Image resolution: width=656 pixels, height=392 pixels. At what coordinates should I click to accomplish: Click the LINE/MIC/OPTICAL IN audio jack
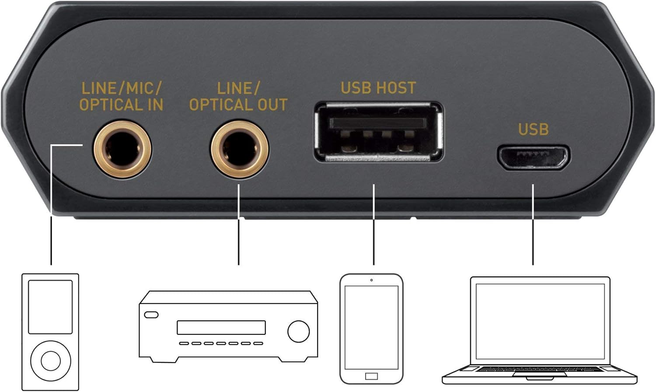pos(122,150)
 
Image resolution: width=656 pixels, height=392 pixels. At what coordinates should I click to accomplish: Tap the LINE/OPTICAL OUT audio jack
pos(240,150)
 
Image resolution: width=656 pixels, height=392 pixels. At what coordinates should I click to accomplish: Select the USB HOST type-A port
pos(378,131)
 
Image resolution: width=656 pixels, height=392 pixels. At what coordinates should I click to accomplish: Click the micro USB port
pos(533,157)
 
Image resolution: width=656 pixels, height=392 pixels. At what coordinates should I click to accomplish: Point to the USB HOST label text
pos(378,87)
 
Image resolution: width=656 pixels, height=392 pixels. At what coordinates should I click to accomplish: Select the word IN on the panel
pos(156,105)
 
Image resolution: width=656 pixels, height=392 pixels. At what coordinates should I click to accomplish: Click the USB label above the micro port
pos(533,129)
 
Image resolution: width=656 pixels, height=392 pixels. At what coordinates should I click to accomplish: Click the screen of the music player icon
pos(50,307)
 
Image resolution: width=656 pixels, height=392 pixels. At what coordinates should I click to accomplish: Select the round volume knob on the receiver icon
pos(298,331)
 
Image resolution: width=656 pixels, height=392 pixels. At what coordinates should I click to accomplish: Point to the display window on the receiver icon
pos(221,328)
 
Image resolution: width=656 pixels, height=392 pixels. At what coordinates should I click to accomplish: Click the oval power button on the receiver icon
pos(151,315)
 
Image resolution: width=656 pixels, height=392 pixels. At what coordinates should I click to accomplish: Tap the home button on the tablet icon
pos(371,376)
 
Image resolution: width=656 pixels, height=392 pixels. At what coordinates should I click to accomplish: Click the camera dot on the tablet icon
pos(371,280)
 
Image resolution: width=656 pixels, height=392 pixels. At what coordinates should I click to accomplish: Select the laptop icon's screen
pos(540,322)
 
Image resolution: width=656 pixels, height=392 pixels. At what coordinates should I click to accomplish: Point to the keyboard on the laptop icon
pos(540,369)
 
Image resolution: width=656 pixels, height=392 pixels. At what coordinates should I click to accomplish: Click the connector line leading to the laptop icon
pos(533,224)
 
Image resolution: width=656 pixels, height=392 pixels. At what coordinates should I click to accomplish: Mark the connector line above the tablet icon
pos(373,224)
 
